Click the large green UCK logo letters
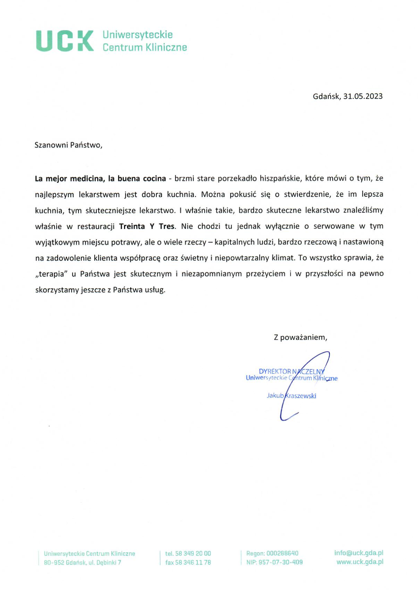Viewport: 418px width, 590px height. coord(65,41)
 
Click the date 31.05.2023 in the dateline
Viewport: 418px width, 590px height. coord(363,96)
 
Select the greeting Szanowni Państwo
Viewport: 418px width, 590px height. coord(68,145)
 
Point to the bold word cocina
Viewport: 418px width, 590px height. coord(154,178)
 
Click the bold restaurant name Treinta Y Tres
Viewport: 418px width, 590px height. coord(146,226)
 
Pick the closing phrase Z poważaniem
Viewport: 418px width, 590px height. coord(300,337)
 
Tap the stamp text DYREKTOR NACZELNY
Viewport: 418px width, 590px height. coord(292,371)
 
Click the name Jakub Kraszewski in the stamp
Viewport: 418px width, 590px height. coord(291,396)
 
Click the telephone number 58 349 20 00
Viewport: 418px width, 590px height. coord(193,553)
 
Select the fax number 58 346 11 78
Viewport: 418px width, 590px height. coord(193,562)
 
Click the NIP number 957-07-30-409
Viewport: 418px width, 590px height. coord(280,562)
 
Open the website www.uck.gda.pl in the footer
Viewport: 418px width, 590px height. coord(360,562)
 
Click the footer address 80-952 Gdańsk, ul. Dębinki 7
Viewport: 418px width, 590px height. coord(83,563)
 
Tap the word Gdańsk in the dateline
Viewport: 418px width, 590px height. coord(326,96)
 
